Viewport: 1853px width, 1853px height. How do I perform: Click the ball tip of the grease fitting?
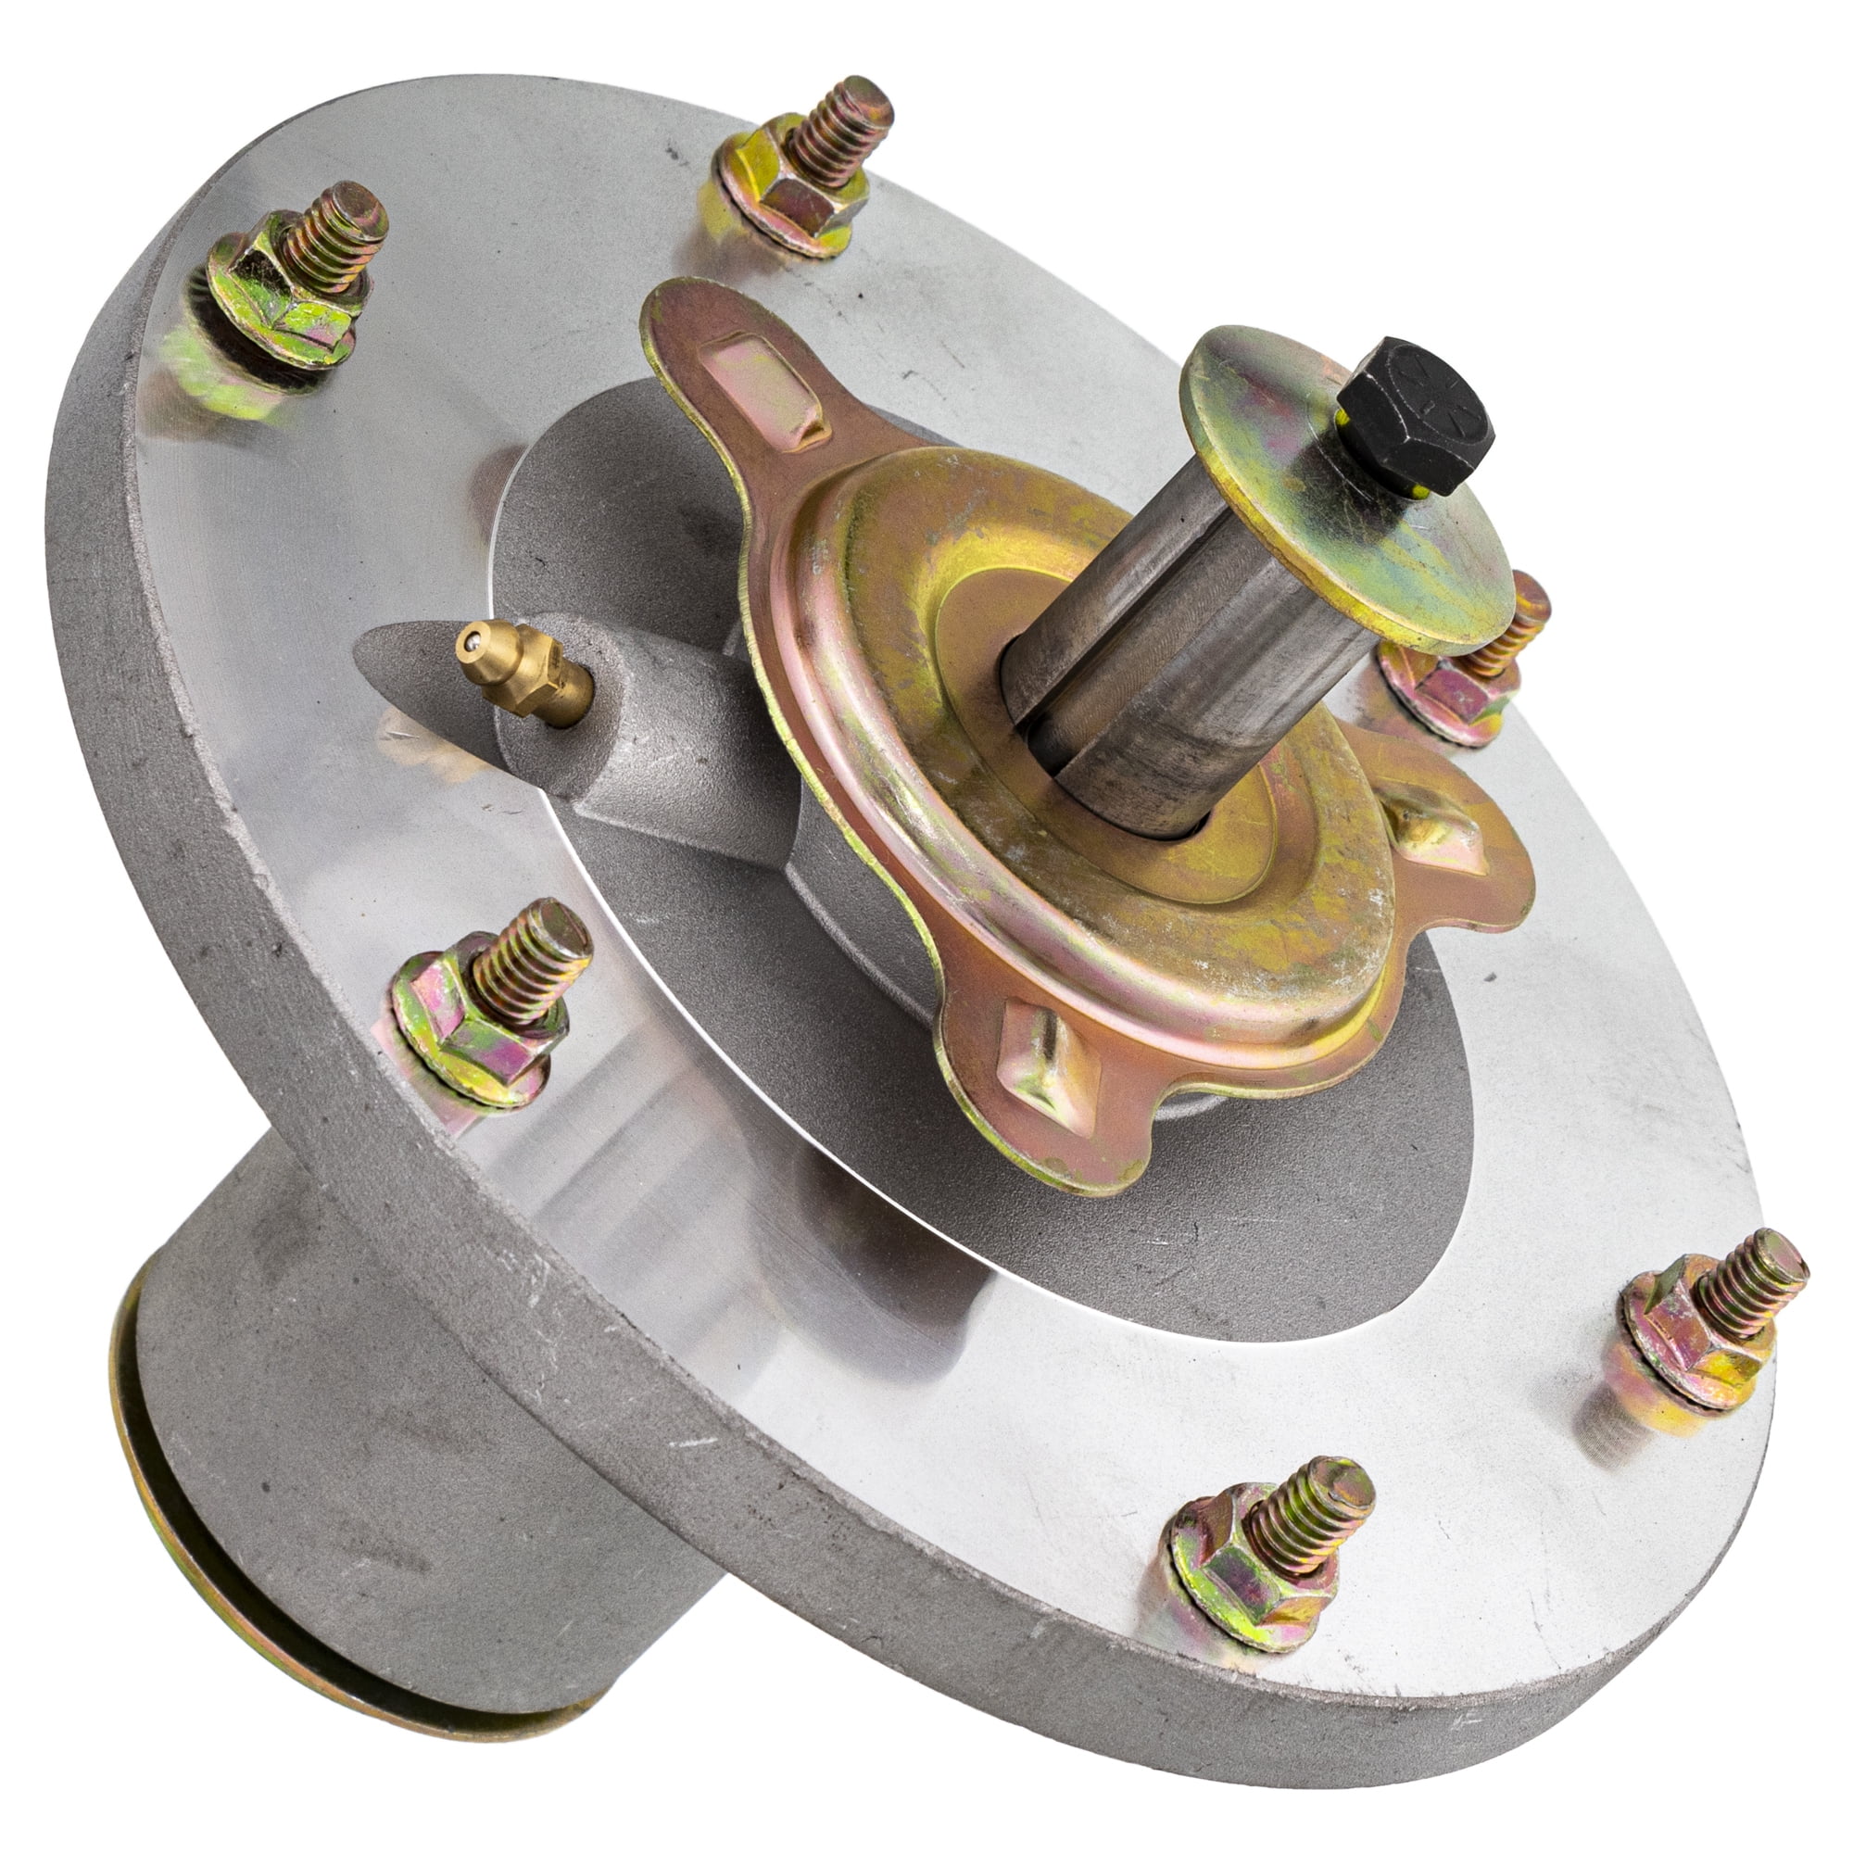(x=469, y=637)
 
